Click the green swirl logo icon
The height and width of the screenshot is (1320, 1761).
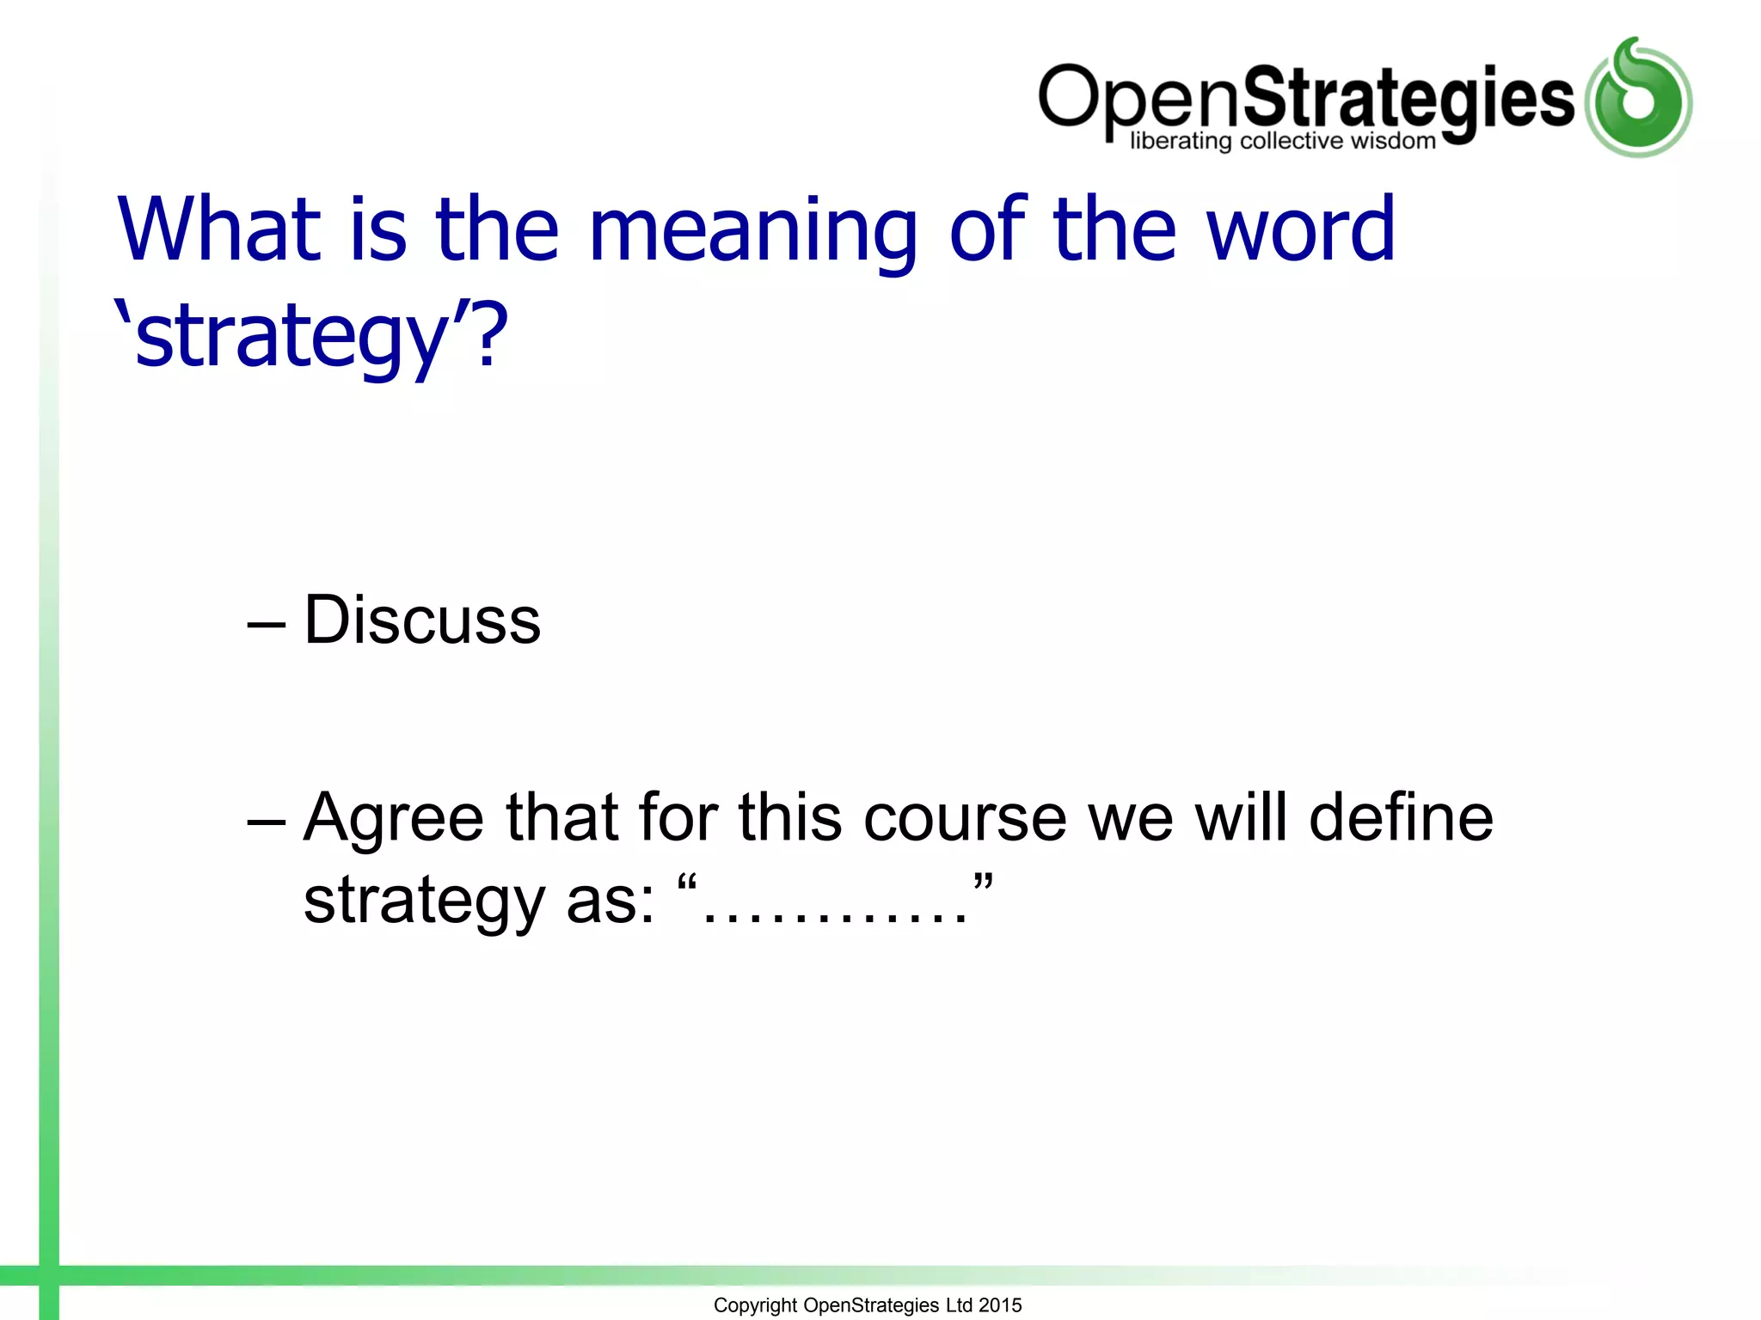click(1638, 98)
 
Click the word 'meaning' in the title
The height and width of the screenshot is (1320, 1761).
click(753, 230)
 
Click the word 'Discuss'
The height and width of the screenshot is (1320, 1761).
click(422, 620)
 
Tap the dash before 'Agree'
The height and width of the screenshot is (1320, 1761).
click(265, 819)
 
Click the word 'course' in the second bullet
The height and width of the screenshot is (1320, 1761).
click(965, 817)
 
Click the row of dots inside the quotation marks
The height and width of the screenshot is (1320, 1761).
click(835, 916)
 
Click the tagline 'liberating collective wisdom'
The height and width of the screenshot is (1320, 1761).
click(1282, 141)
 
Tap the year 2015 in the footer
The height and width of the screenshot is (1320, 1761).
click(1000, 1305)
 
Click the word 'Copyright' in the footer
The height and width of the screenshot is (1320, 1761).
click(755, 1305)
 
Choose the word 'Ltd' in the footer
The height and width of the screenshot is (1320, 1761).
click(958, 1305)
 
